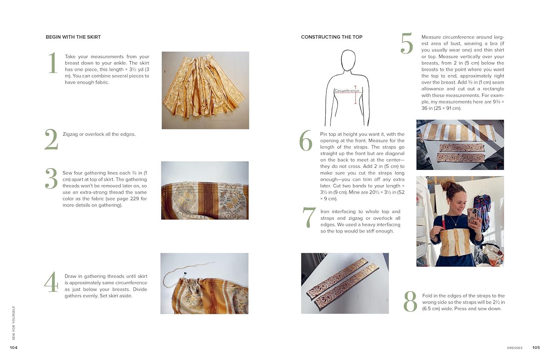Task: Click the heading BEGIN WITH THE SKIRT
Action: click(x=73, y=37)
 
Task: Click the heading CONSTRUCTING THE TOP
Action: click(x=331, y=37)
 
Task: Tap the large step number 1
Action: click(x=53, y=63)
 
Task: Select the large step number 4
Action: click(x=51, y=282)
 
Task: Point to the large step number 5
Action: click(x=407, y=44)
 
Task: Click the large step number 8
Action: click(x=410, y=302)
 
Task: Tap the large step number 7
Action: click(x=309, y=217)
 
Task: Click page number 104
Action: click(x=14, y=348)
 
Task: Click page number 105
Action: click(x=536, y=348)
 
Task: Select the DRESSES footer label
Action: click(x=514, y=348)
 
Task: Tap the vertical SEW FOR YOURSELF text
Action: click(x=14, y=323)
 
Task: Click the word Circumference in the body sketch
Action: click(x=347, y=91)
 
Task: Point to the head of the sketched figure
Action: click(x=348, y=60)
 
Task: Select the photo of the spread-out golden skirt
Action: click(x=205, y=90)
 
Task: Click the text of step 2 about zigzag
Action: click(x=99, y=134)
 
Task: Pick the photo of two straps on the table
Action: click(x=345, y=283)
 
